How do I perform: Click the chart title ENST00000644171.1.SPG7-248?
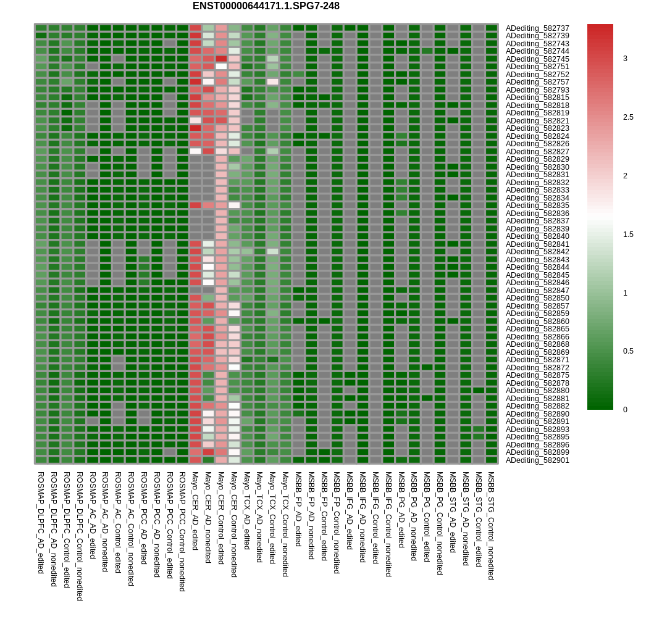pos(266,6)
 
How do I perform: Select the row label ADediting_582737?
pos(537,28)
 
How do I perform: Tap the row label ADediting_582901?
pos(537,460)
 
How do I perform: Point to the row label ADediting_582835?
pos(537,206)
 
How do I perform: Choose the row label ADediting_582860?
pos(537,322)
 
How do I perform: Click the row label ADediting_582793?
pos(537,90)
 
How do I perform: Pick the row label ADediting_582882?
pos(537,406)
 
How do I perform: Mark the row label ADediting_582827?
pos(537,152)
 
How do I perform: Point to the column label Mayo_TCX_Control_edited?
pos(272,518)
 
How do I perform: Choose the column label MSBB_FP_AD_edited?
pos(298,509)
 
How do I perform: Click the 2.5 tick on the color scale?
pos(627,117)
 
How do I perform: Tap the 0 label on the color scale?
pos(625,410)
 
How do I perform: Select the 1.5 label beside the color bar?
pos(627,235)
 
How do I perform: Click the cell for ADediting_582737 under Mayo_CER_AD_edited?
pos(195,28)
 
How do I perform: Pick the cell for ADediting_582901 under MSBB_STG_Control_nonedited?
pos(491,460)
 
